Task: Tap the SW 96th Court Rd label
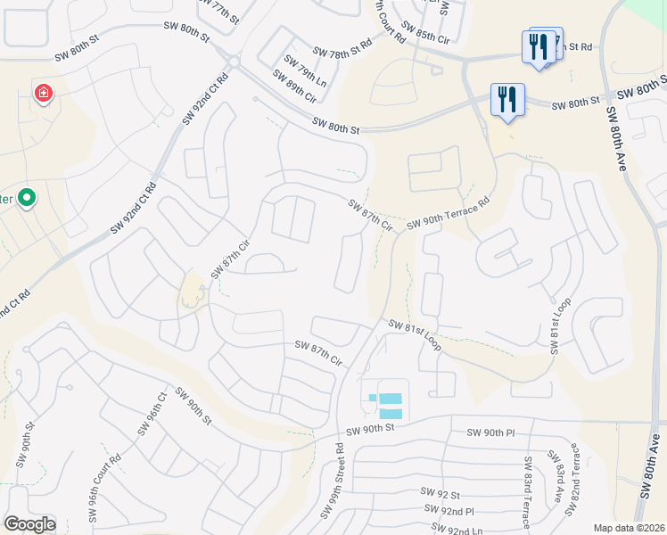(x=104, y=490)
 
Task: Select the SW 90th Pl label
(x=490, y=432)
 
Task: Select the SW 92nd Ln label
(x=464, y=530)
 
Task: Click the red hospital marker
(x=43, y=93)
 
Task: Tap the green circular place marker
(x=27, y=197)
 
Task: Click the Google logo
(x=29, y=524)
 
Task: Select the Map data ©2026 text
(x=629, y=528)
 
